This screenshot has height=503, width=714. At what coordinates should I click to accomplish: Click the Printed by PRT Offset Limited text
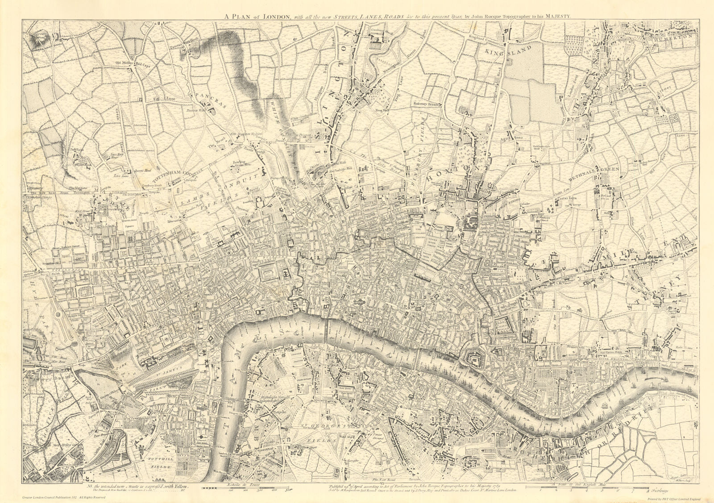click(673, 499)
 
